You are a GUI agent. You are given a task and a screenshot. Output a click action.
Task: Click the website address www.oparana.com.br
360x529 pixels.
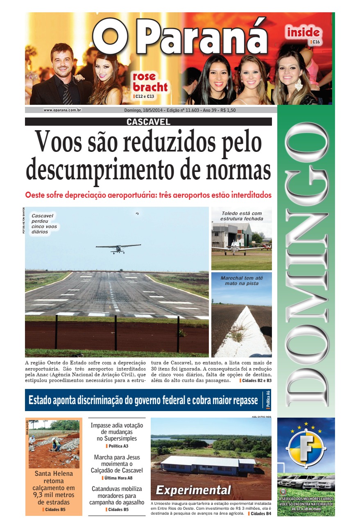pyautogui.click(x=62, y=110)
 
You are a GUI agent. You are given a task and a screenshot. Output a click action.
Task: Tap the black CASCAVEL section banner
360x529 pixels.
pyautogui.click(x=148, y=122)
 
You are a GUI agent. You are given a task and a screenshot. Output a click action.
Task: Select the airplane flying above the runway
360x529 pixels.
pyautogui.click(x=118, y=248)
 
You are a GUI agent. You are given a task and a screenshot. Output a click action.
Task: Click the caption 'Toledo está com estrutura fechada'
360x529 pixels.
pyautogui.click(x=241, y=216)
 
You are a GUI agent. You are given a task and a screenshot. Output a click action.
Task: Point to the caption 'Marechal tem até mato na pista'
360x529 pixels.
pyautogui.click(x=242, y=280)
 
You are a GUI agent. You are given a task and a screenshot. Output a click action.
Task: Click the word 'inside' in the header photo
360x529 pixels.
pyautogui.click(x=303, y=32)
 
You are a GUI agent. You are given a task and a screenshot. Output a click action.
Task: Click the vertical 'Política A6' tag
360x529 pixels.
pyautogui.click(x=268, y=400)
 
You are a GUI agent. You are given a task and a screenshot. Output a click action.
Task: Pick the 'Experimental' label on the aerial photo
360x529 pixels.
pyautogui.click(x=193, y=490)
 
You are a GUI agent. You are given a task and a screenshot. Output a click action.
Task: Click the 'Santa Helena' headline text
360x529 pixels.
pyautogui.click(x=54, y=474)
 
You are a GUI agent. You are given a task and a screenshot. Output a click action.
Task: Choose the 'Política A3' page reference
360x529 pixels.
pyautogui.click(x=117, y=446)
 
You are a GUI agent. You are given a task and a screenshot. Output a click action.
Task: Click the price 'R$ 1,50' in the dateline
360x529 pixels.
pyautogui.click(x=228, y=110)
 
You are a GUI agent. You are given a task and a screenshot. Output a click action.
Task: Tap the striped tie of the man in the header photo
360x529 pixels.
pyautogui.click(x=67, y=94)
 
